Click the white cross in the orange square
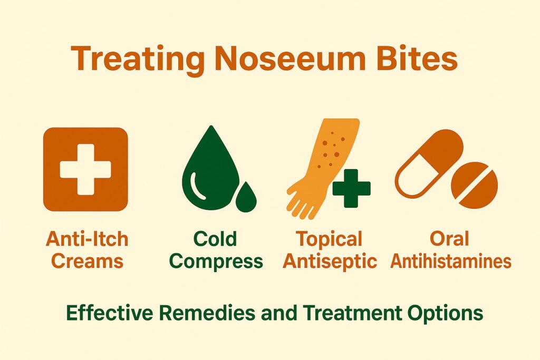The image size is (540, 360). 85,169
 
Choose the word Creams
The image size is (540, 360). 85,261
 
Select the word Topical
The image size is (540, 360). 329,240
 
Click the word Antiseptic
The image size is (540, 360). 329,261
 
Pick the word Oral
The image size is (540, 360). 449,240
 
